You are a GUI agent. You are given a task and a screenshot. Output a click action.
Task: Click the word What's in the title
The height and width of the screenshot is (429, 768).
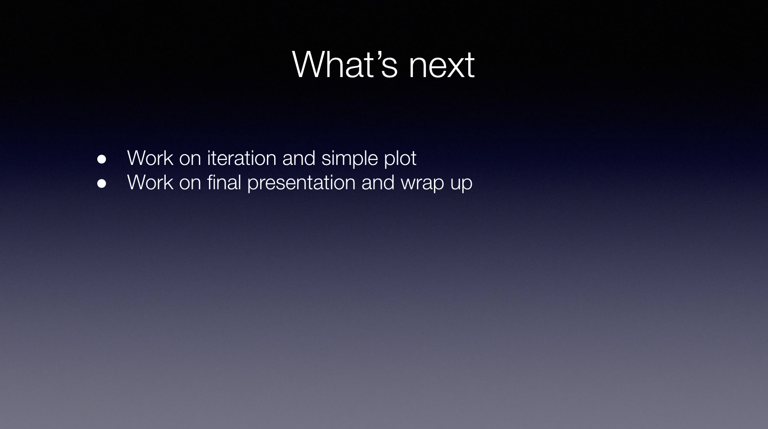(x=345, y=64)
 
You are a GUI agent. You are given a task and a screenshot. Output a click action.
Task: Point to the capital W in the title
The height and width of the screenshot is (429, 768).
(x=307, y=64)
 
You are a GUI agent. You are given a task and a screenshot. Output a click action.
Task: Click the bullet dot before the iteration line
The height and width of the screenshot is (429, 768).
(x=101, y=159)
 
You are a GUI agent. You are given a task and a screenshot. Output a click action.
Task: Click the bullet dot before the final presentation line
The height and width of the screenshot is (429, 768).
(x=101, y=183)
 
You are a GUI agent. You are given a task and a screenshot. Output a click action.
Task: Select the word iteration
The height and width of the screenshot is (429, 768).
(x=242, y=158)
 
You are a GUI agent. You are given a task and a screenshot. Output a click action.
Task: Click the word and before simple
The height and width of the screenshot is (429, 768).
(x=298, y=158)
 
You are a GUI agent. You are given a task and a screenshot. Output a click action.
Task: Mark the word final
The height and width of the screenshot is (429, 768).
(x=224, y=182)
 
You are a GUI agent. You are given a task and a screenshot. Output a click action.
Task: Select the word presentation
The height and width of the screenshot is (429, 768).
(x=301, y=184)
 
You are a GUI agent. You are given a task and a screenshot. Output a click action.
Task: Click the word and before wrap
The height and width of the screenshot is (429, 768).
(x=378, y=182)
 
